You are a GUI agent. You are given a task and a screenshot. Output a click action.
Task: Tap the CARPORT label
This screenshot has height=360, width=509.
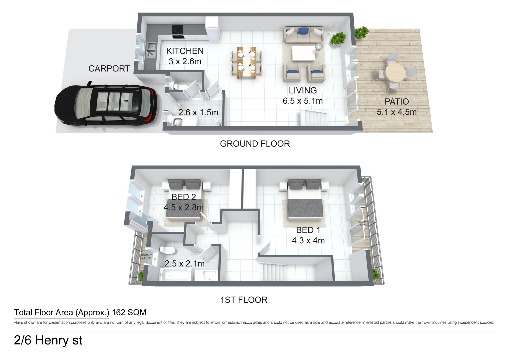tap(109, 69)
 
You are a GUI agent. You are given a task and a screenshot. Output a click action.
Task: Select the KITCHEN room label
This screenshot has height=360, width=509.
tap(185, 51)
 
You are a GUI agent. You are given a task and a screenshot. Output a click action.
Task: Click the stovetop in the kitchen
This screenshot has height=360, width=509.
tap(177, 30)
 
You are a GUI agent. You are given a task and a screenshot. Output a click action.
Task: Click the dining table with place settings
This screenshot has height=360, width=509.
tap(246, 62)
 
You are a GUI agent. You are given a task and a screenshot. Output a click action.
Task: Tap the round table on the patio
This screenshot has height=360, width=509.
tap(394, 72)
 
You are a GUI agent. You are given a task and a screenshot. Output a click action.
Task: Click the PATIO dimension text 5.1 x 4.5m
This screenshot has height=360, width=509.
tap(397, 112)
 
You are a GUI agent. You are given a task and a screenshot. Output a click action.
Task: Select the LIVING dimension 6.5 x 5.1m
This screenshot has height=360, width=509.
tap(303, 101)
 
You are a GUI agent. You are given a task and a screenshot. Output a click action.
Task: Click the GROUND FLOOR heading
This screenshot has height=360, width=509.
tap(255, 144)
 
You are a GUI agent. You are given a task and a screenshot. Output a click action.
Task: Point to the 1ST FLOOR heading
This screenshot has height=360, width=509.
tap(244, 300)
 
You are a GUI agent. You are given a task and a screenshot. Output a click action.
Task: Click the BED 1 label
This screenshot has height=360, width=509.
tap(308, 230)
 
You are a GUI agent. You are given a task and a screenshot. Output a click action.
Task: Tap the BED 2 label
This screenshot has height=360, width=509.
tap(184, 197)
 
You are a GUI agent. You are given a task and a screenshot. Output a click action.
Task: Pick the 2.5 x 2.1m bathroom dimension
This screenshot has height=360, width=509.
tap(185, 264)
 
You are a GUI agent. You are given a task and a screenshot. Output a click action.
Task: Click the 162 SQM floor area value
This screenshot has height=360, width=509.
tap(129, 313)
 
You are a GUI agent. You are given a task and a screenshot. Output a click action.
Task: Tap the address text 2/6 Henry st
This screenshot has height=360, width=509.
tap(48, 340)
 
